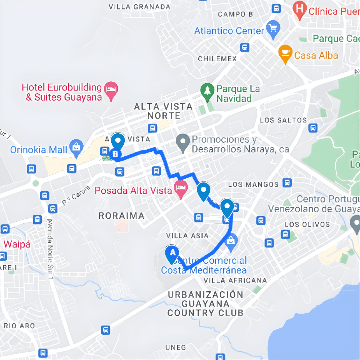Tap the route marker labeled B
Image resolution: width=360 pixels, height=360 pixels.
click(x=116, y=154)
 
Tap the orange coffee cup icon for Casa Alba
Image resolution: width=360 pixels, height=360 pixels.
click(x=285, y=53)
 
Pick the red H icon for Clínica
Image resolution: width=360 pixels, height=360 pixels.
click(x=300, y=11)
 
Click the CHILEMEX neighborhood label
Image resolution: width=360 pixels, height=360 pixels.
click(x=217, y=59)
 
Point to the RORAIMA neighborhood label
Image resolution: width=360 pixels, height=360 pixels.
click(x=122, y=216)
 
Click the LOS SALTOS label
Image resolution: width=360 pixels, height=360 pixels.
click(x=283, y=120)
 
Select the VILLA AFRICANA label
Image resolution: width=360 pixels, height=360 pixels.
click(x=235, y=281)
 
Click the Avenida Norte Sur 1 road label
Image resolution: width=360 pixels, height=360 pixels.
click(x=51, y=249)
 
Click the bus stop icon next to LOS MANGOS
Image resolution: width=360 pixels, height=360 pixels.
click(x=287, y=183)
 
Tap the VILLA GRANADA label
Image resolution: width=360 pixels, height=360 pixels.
click(x=140, y=7)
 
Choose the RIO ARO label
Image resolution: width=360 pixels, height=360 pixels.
click(x=19, y=326)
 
